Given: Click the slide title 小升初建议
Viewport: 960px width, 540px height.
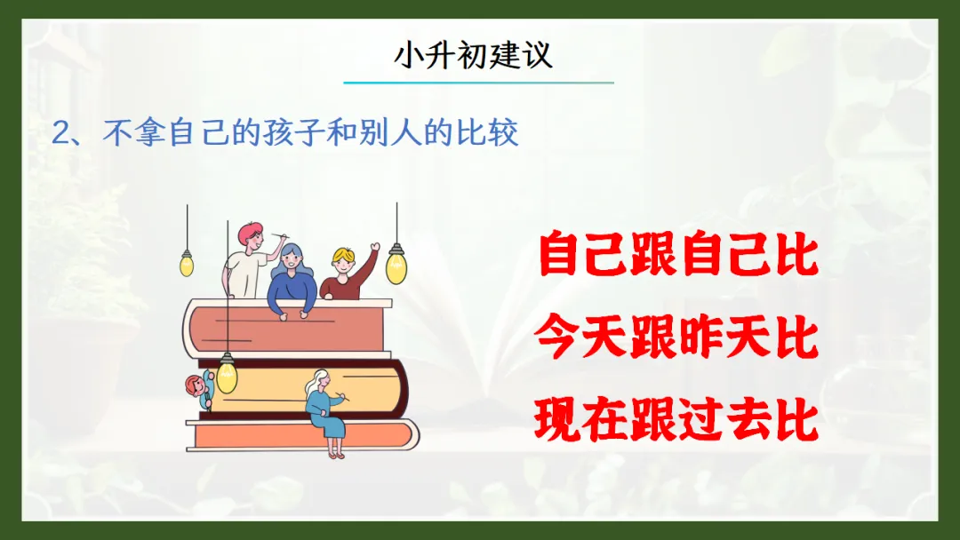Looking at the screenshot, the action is pos(473,56).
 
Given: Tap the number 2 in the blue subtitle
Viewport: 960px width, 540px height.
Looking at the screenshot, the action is pos(60,132).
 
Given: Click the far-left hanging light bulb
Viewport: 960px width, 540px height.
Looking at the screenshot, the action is pos(187,264).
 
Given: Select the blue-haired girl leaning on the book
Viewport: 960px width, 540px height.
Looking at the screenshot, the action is pos(292,280).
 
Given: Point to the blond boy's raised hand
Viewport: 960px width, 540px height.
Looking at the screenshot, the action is pos(374,248).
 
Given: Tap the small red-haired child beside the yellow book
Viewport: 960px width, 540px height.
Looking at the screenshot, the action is pos(200,390).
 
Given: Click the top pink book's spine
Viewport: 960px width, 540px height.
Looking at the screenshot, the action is pos(190,330).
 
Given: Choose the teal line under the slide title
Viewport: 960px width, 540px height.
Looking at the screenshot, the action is pos(479,82).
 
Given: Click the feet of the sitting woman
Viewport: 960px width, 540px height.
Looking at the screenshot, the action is pos(336,455).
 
